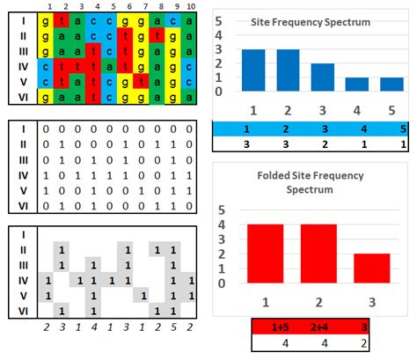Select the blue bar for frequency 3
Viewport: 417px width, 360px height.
click(x=323, y=77)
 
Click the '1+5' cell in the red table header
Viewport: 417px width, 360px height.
click(x=266, y=325)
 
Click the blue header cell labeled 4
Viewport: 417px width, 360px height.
click(x=358, y=129)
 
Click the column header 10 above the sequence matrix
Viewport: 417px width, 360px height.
click(x=190, y=6)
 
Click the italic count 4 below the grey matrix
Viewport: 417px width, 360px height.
click(x=93, y=325)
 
